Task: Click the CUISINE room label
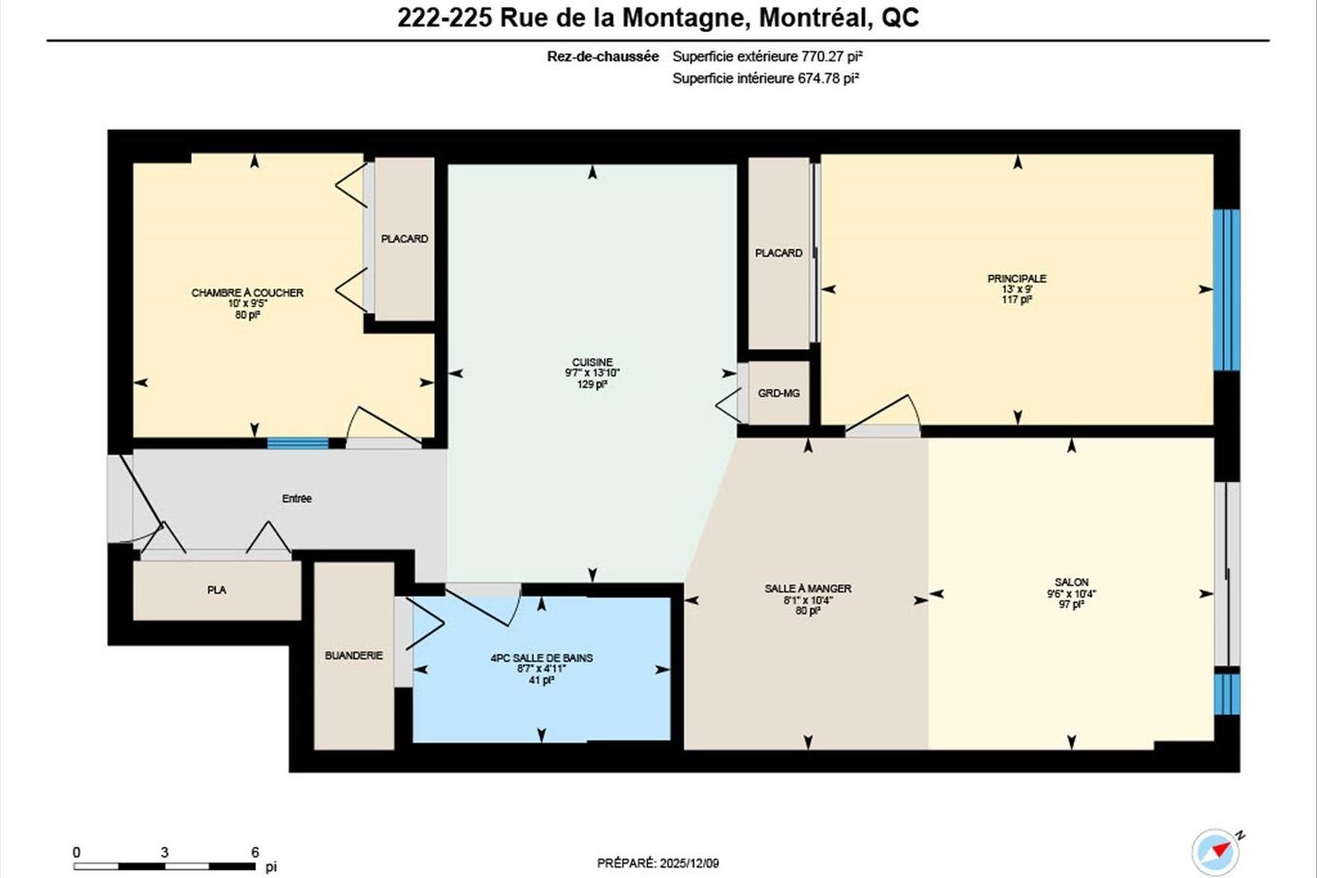592,362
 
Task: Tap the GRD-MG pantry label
779,393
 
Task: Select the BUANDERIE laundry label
353,655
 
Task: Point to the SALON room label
1071,582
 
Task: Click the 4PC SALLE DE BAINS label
541,658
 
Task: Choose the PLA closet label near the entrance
216,590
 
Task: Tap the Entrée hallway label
296,499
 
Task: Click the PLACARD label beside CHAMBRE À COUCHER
404,239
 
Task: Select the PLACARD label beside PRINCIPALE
779,253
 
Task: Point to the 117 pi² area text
1017,300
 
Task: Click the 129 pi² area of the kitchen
592,384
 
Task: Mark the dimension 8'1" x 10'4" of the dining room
808,600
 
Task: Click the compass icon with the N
1215,852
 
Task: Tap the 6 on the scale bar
256,853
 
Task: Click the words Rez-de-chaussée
602,57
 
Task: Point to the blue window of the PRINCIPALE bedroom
1227,290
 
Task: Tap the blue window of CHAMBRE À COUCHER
285,443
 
